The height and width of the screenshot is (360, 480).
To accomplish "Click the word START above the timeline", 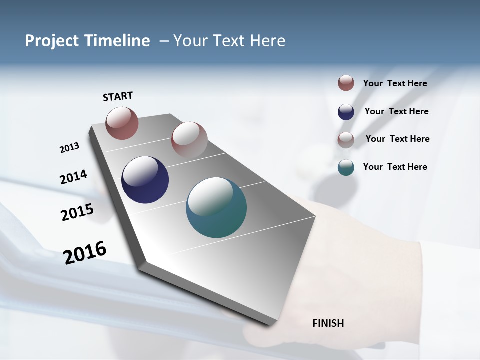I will coord(118,96).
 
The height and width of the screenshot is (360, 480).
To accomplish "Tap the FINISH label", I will coord(328,323).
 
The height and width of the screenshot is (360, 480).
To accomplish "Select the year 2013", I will coord(69,148).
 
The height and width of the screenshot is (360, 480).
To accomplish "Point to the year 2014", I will coord(73,177).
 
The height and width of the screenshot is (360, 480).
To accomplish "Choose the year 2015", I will coord(77,212).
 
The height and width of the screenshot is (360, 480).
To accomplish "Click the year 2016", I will coord(85,252).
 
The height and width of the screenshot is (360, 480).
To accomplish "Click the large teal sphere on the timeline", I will coord(216,207).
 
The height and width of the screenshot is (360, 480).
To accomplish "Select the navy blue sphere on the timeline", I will coord(145,180).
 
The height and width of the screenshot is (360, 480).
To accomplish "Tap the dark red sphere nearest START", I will coord(122,123).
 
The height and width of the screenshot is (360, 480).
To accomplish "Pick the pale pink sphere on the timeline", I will coord(189,140).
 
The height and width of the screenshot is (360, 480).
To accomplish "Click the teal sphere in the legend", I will coord(346,167).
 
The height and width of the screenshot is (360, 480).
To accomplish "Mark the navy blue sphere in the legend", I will coord(346,112).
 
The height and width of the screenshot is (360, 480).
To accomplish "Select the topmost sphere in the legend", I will coord(346,83).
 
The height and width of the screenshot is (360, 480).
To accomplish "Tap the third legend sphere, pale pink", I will coord(346,140).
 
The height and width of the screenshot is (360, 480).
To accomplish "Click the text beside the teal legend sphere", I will coord(395,167).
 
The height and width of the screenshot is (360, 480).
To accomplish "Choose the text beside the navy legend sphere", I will coord(396,111).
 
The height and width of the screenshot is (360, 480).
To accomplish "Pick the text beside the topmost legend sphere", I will coord(395,83).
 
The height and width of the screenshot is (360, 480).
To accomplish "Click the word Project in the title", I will coord(52,41).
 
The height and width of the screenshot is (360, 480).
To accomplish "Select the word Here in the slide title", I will coord(267,41).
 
